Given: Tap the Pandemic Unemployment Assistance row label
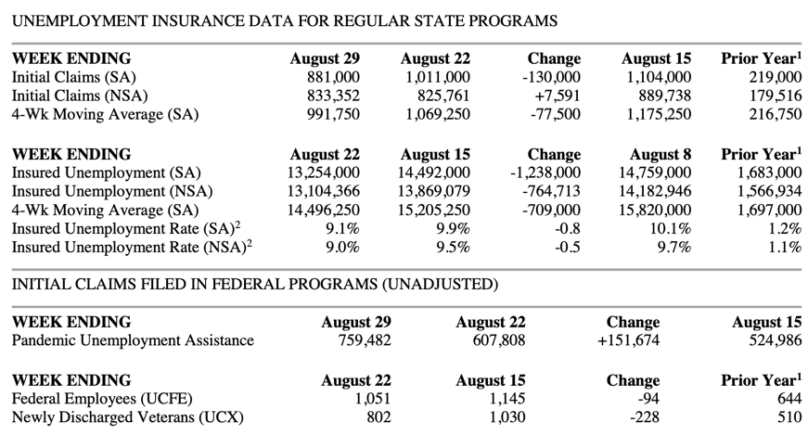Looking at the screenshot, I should pos(133,340).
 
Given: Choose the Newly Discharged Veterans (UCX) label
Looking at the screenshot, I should pos(127,417).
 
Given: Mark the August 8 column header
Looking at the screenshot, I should pos(661,154).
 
